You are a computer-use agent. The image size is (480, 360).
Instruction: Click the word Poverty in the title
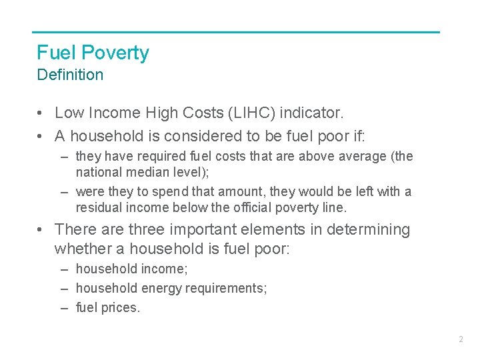coord(115,53)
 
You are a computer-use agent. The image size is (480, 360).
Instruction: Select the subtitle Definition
coord(70,75)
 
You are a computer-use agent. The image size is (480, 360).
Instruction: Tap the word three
coord(146,230)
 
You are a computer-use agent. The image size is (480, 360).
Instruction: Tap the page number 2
coord(461,339)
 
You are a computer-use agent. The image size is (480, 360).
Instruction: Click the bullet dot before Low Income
coord(41,114)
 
